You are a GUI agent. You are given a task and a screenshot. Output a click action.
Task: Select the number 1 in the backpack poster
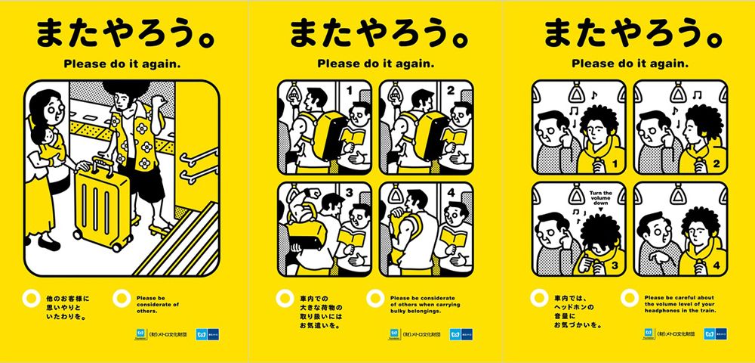[349, 91]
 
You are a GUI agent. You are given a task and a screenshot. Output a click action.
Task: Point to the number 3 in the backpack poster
[349, 193]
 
